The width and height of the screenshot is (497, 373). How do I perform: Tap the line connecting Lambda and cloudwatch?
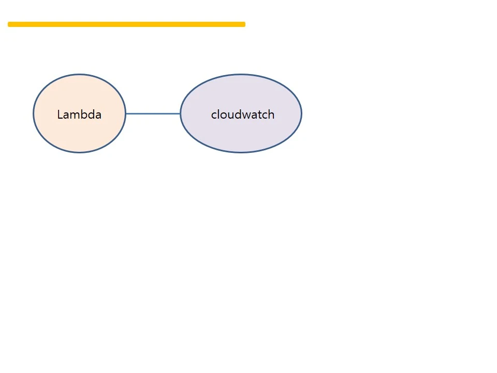(x=153, y=113)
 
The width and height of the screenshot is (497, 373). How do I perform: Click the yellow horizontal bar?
(x=126, y=24)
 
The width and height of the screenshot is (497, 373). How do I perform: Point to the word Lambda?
(x=79, y=114)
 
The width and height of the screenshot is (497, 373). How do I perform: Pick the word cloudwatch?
(x=242, y=114)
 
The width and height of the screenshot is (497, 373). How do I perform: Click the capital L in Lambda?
(x=60, y=114)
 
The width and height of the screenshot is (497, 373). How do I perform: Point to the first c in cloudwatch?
(x=214, y=116)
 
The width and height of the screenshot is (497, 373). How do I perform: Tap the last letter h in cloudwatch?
(x=271, y=114)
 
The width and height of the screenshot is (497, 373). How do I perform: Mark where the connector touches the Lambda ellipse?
(x=126, y=113)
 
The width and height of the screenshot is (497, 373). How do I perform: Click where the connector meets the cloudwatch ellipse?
(x=180, y=113)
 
